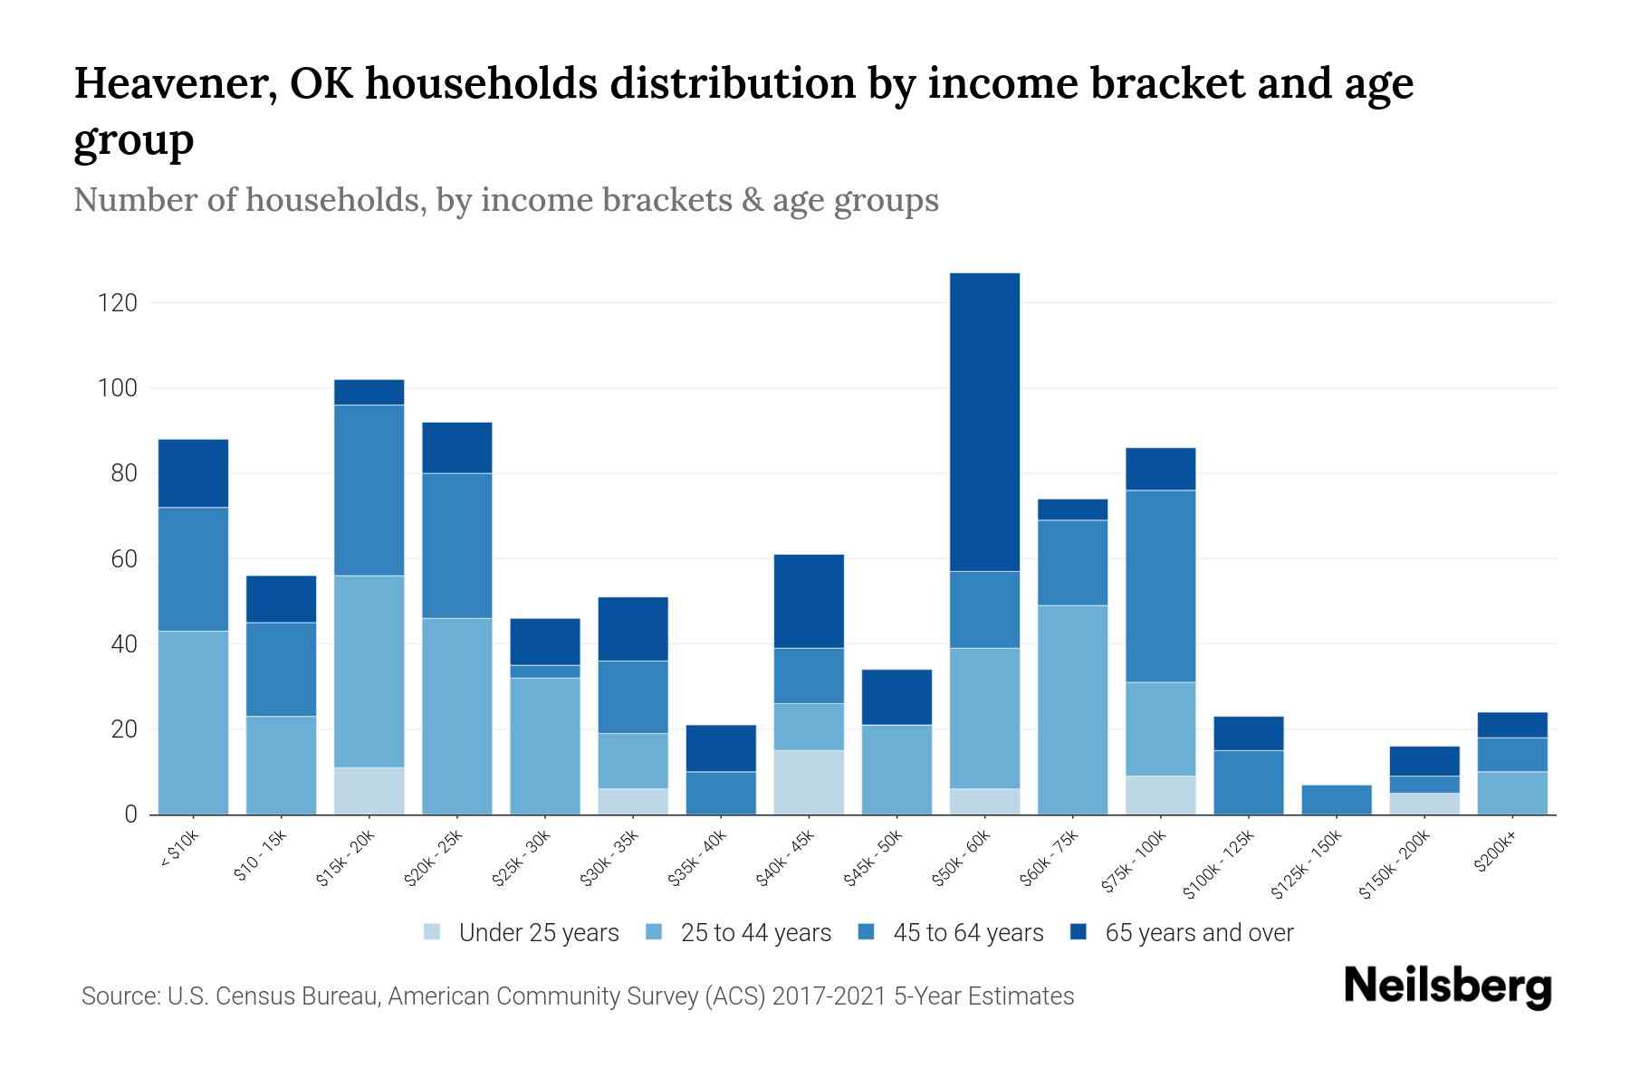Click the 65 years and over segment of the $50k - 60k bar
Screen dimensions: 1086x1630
coord(984,422)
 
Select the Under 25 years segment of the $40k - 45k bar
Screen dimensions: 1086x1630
coord(809,782)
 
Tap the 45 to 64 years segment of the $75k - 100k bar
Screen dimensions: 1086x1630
coord(1160,586)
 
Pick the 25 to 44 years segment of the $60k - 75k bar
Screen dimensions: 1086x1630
coord(1072,710)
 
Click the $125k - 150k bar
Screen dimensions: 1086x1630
coord(1337,799)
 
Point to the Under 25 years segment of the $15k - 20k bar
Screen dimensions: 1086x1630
coord(369,791)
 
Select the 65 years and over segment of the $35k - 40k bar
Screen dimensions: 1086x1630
coord(721,748)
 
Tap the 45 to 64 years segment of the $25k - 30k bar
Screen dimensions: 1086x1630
coord(545,672)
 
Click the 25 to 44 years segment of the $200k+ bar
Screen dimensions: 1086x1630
coord(1512,793)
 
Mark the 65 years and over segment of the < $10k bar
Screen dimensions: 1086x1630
coord(193,473)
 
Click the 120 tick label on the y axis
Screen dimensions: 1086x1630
coord(118,302)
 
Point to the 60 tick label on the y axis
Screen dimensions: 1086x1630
coord(124,559)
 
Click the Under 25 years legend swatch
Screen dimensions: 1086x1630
coord(433,932)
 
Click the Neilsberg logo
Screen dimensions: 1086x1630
coord(1447,986)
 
